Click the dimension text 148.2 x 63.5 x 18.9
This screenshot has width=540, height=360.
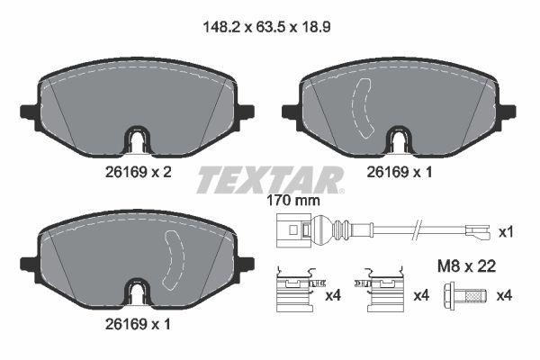click(270, 28)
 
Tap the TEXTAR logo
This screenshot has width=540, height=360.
click(270, 180)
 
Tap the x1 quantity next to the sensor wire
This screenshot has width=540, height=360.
click(507, 232)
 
